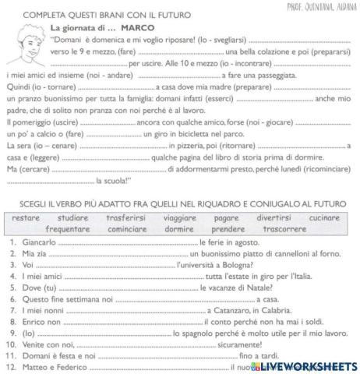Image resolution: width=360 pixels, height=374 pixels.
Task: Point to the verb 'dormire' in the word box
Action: coord(183,229)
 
